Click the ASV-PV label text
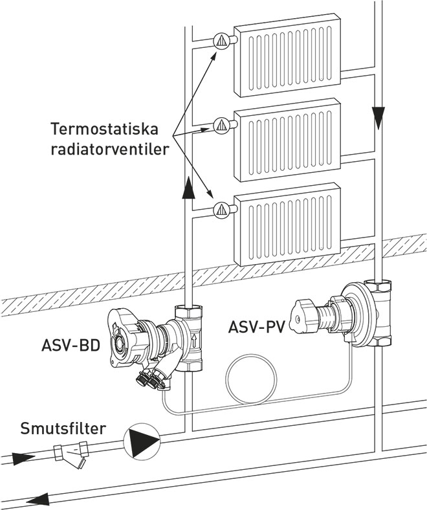[256, 327]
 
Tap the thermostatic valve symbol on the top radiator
[221, 39]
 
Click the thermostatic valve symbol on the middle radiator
[221, 123]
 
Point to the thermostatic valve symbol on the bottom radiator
[221, 208]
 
